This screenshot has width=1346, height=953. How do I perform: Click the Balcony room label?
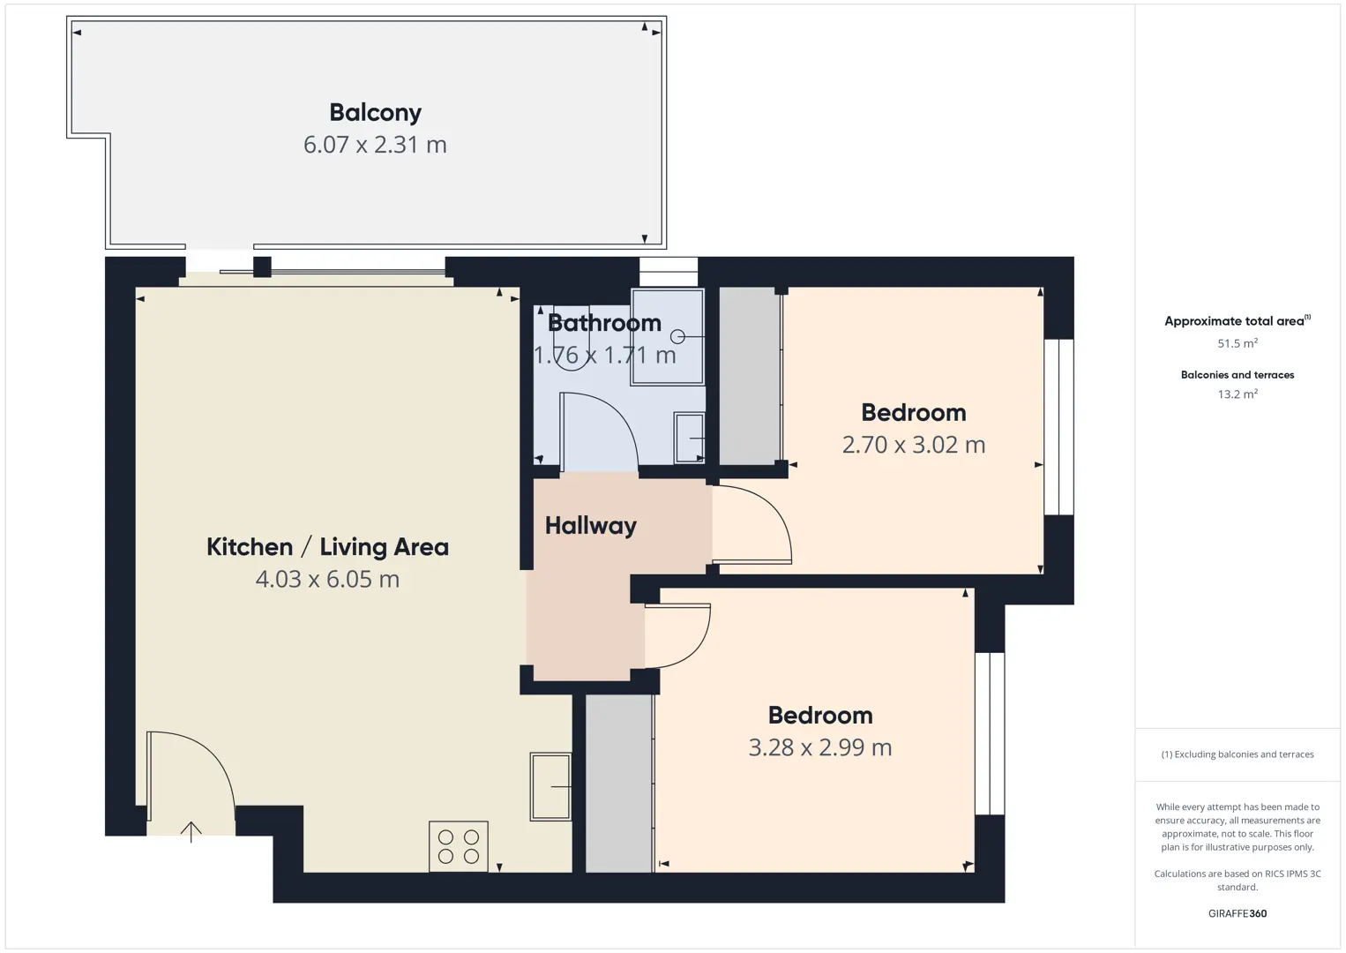click(x=376, y=113)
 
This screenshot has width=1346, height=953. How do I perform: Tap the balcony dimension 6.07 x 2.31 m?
click(x=375, y=145)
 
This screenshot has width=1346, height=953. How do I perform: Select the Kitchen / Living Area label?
click(x=327, y=546)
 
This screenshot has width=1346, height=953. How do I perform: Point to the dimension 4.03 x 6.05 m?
click(x=327, y=579)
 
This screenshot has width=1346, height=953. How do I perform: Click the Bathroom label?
click(x=604, y=324)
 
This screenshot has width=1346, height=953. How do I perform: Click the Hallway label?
click(x=591, y=526)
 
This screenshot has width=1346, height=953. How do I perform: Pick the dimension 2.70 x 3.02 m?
click(x=914, y=445)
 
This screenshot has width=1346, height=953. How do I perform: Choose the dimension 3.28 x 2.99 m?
click(x=820, y=747)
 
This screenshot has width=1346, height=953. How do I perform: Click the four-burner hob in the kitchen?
click(x=459, y=846)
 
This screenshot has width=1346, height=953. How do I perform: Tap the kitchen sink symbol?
click(x=550, y=786)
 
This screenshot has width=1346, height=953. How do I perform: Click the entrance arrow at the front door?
click(x=191, y=832)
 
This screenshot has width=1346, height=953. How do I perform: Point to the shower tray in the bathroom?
click(x=667, y=337)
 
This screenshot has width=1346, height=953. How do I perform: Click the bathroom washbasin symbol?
click(x=689, y=439)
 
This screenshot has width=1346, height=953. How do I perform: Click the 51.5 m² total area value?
click(x=1238, y=343)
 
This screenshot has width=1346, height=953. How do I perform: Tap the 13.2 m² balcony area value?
click(x=1238, y=394)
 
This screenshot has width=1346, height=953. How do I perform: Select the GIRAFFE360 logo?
click(x=1238, y=913)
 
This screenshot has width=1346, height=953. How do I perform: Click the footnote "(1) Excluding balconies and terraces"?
click(x=1238, y=754)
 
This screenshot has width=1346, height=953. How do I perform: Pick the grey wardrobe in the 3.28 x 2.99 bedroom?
click(x=619, y=784)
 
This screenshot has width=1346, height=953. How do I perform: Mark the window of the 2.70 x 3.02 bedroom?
click(x=1058, y=427)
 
